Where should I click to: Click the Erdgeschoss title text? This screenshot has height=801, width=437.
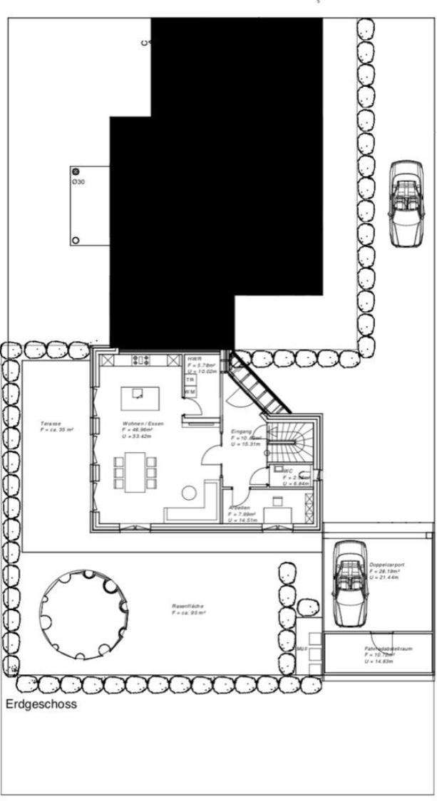[41, 705]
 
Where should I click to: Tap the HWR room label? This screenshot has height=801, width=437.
[192, 360]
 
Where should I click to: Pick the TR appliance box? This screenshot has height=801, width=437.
[190, 380]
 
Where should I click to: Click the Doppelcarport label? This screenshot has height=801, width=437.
[387, 565]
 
